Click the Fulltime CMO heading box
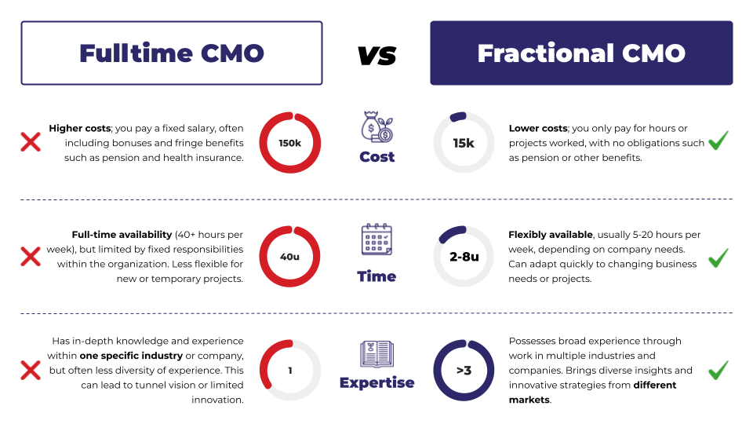coord(172,53)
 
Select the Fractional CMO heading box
coord(581,53)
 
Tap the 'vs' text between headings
coord(376,54)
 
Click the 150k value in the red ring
coord(289,143)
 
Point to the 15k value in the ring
coord(464,143)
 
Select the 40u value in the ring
coord(289,257)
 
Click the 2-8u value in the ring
coord(464,257)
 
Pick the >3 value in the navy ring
coord(464,370)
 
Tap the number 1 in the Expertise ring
coord(289,370)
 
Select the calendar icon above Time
coord(376,239)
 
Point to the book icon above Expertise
coord(376,354)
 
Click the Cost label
coord(376,157)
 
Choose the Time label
coord(376,276)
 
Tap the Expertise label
coord(376,383)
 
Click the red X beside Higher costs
coord(31,142)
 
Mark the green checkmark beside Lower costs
coord(718,141)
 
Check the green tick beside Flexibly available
coord(718,257)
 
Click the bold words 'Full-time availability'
coord(122,235)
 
